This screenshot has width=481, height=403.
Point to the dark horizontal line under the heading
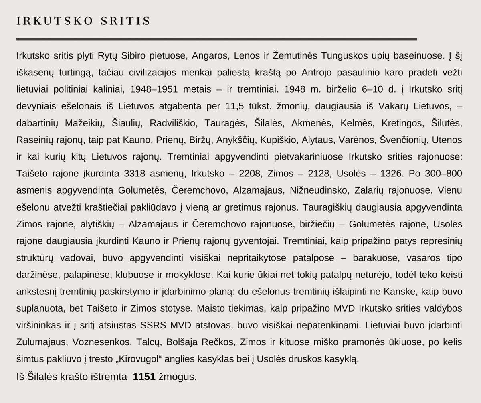[x=216, y=39]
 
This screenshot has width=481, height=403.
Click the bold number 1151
[x=144, y=377]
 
